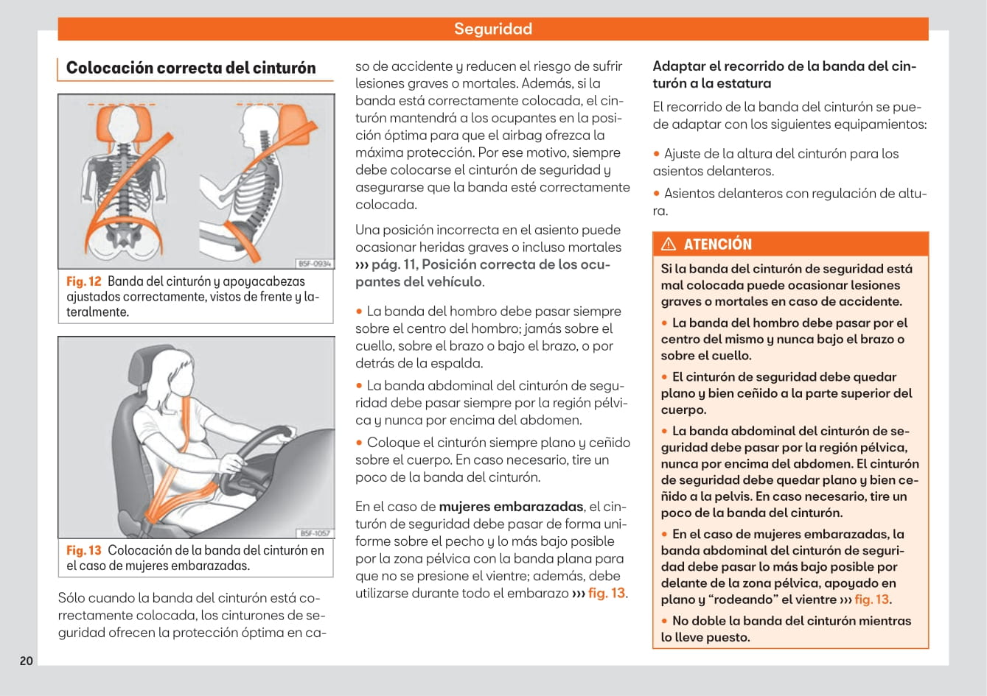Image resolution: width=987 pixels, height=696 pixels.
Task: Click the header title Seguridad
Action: click(492, 29)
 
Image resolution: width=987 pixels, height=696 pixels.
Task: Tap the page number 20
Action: click(27, 661)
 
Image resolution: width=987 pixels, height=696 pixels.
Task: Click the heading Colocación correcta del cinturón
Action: click(190, 68)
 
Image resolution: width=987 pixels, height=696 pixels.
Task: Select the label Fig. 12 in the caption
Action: click(83, 281)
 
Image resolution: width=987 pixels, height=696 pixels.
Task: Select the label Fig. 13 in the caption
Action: click(83, 550)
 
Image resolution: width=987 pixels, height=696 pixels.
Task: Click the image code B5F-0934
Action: click(314, 263)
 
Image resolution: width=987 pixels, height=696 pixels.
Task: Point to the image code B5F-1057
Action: click(314, 532)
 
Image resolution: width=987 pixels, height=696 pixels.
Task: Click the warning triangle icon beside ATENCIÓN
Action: click(669, 245)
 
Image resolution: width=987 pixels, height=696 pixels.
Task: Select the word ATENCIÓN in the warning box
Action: click(717, 245)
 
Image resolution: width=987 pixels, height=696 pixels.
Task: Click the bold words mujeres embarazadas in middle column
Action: click(512, 507)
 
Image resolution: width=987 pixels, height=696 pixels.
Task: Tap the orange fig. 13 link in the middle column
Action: click(607, 594)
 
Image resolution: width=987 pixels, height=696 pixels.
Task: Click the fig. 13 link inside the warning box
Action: click(871, 600)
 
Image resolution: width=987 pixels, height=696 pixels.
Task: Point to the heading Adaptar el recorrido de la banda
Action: click(784, 74)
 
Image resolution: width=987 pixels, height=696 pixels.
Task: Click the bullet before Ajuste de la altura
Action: click(657, 154)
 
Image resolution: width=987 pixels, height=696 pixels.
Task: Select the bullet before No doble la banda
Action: click(665, 621)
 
